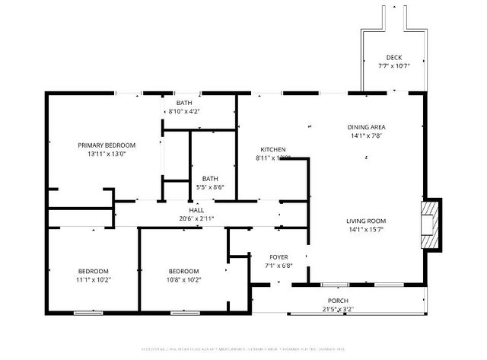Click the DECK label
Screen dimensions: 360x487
393,58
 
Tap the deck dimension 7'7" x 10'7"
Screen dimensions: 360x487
393,66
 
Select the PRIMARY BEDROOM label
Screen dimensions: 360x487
107,145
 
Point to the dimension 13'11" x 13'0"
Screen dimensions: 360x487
107,154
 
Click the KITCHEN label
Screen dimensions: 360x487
272,149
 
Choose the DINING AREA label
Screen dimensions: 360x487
367,127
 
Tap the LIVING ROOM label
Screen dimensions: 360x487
367,221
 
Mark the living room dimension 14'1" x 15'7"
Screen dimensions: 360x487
367,229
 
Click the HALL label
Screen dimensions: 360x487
196,210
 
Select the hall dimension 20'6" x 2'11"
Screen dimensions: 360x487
196,218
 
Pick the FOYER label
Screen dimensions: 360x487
279,257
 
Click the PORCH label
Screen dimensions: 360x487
338,301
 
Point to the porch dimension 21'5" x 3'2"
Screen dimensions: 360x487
338,309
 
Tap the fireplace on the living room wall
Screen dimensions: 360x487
431,225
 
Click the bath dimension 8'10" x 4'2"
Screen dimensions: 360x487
184,112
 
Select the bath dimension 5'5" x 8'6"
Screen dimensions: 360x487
210,187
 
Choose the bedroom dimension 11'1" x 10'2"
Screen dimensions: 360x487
94,280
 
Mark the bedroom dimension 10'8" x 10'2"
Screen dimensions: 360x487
183,280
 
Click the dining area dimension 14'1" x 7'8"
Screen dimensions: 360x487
367,135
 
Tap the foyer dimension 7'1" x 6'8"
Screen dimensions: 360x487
279,266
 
